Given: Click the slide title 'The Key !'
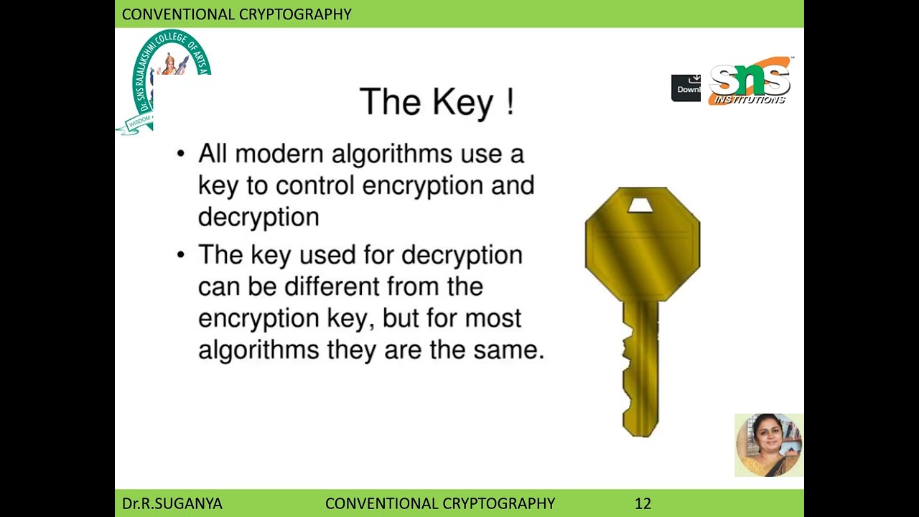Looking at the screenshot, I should pyautogui.click(x=437, y=102).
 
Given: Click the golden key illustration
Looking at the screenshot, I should pyautogui.click(x=642, y=287).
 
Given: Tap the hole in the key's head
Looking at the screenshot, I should pyautogui.click(x=640, y=206).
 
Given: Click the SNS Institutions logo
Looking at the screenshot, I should pyautogui.click(x=750, y=81).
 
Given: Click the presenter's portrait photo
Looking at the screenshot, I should pyautogui.click(x=768, y=444).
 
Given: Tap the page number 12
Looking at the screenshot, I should pyautogui.click(x=643, y=503).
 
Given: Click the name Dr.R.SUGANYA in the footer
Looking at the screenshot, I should pyautogui.click(x=172, y=503).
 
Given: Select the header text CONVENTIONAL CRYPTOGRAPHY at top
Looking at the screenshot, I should pyautogui.click(x=236, y=14).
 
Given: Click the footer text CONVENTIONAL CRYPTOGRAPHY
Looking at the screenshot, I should pyautogui.click(x=440, y=503).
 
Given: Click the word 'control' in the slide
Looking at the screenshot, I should pyautogui.click(x=314, y=185).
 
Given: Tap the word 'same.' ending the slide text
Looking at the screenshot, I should pyautogui.click(x=508, y=350).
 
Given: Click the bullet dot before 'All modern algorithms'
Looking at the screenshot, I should pyautogui.click(x=181, y=154).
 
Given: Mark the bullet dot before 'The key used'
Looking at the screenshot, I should pyautogui.click(x=181, y=255).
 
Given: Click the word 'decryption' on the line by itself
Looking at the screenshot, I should pyautogui.click(x=258, y=217).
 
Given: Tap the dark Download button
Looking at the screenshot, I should pyautogui.click(x=686, y=88).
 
